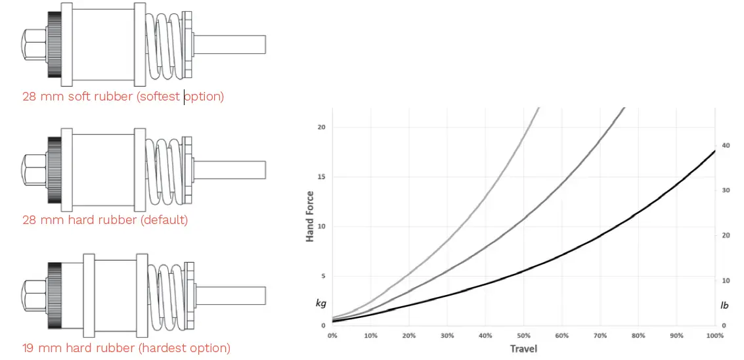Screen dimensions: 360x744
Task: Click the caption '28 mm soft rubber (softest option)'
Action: coord(123,97)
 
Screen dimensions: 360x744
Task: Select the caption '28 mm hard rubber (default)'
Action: coord(105,219)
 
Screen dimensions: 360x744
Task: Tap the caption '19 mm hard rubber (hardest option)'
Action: coord(126,348)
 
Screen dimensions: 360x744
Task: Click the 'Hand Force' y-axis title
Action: coord(310,216)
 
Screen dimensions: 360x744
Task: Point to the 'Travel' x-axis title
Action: coord(523,348)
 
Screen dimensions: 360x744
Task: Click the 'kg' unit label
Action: coord(320,304)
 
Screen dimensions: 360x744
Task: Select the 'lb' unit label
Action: coord(725,305)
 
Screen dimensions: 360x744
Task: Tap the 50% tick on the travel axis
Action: coord(523,336)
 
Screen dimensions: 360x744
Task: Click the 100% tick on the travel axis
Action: coord(715,336)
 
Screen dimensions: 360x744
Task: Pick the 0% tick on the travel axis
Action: coord(332,336)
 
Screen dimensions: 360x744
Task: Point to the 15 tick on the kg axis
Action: coord(321,177)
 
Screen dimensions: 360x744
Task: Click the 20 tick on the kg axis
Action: coord(321,127)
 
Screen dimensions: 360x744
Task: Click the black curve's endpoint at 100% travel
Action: coord(714,151)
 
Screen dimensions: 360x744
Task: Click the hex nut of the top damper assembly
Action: coord(34,44)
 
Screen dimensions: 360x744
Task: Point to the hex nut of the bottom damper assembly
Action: coord(34,296)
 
